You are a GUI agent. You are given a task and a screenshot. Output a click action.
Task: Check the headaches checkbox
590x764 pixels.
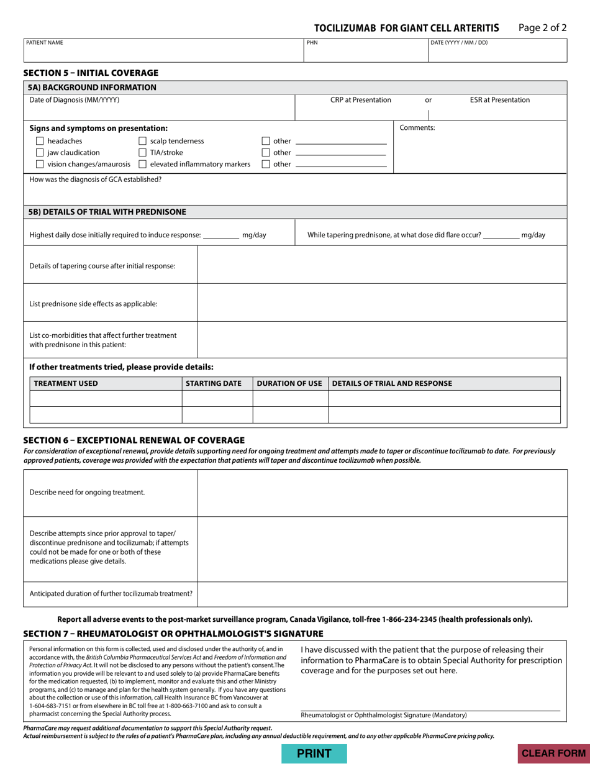coord(40,141)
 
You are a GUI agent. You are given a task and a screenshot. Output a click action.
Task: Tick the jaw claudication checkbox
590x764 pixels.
coord(40,153)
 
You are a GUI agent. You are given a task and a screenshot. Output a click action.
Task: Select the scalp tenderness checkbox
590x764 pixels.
coord(142,141)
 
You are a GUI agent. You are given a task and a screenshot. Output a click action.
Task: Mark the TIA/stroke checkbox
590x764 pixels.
coord(142,153)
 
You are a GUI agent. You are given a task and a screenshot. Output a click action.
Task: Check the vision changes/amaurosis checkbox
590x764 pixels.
coord(40,164)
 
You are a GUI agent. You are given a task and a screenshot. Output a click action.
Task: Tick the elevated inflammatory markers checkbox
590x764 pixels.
coord(142,164)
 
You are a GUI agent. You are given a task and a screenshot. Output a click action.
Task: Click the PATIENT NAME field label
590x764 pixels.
coord(45,43)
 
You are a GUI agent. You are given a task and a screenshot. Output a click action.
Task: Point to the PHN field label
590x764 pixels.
coord(312,43)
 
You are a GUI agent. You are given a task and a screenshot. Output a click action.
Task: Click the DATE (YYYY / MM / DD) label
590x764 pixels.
coord(459,43)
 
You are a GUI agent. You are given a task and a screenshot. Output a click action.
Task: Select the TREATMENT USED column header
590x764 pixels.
coord(66,383)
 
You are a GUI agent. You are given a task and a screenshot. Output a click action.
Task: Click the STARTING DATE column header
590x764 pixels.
coord(214,383)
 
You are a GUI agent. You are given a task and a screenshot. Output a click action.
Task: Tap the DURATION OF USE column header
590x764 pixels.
coord(289,383)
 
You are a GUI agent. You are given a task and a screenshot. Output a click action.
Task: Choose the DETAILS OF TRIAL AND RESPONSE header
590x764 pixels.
coord(393,383)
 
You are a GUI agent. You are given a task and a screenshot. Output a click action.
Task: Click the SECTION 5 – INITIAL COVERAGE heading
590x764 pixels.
coord(91,73)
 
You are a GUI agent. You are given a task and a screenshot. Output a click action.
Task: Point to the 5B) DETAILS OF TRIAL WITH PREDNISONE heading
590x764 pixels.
coord(107,212)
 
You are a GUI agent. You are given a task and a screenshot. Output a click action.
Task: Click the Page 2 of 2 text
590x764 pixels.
coord(542,27)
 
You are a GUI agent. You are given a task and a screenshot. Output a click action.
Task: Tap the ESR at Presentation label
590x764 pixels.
coord(500,100)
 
